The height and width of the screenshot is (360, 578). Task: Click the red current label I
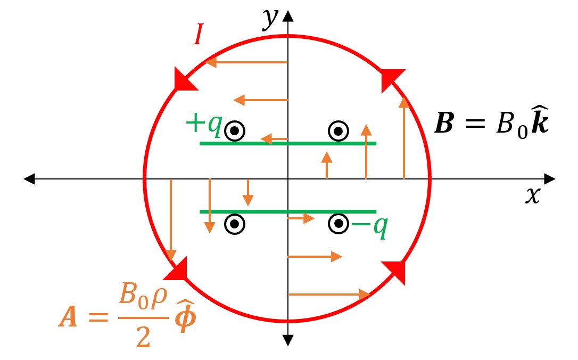click(x=197, y=37)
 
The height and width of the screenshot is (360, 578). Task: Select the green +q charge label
click(x=203, y=125)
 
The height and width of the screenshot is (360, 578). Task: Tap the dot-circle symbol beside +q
click(x=235, y=130)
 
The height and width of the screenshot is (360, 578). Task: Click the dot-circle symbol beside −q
click(x=338, y=224)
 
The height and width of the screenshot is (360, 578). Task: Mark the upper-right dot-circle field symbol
click(x=338, y=130)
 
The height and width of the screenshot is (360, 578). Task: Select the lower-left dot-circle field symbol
click(x=235, y=224)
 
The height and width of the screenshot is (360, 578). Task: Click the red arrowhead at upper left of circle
click(x=183, y=79)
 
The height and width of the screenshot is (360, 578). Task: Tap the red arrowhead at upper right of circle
click(x=392, y=79)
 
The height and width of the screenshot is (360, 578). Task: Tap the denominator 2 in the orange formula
click(x=143, y=338)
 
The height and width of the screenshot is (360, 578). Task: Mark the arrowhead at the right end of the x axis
click(x=550, y=179)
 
